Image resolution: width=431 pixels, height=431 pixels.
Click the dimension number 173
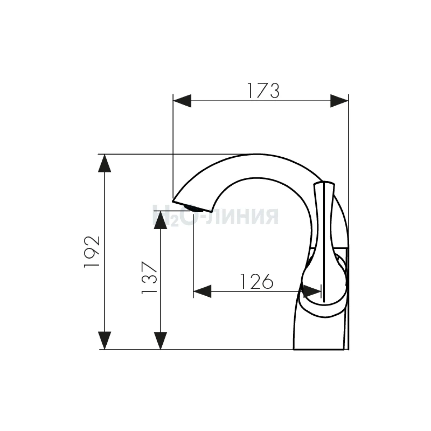pyautogui.click(x=263, y=91)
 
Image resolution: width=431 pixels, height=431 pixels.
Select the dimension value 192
pyautogui.click(x=92, y=252)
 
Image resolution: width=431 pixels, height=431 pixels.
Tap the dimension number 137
pyautogui.click(x=149, y=277)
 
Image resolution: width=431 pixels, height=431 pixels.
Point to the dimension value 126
pyautogui.click(x=257, y=281)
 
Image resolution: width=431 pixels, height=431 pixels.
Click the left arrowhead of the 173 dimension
pyautogui.click(x=182, y=101)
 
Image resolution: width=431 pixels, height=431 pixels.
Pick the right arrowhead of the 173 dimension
pyautogui.click(x=339, y=101)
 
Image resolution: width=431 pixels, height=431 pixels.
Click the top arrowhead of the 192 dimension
pyautogui.click(x=105, y=163)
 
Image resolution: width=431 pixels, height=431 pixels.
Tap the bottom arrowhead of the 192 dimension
pyautogui.click(x=105, y=340)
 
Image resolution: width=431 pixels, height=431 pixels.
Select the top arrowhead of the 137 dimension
pyautogui.click(x=160, y=220)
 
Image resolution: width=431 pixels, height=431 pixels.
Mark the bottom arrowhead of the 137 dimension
pyautogui.click(x=160, y=340)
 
